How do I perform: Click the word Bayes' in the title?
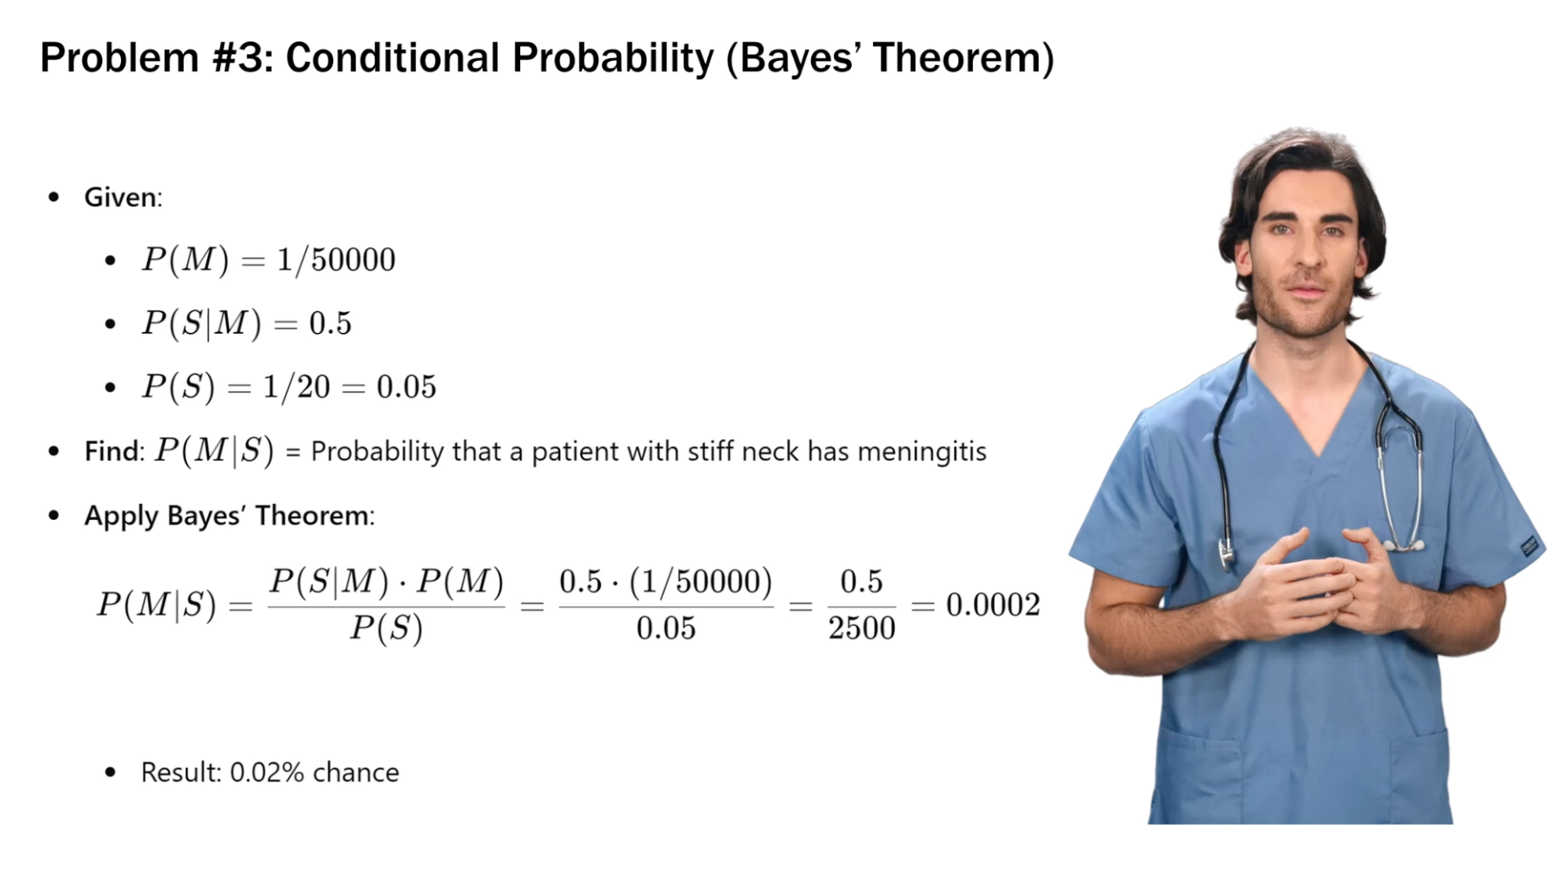pos(798,58)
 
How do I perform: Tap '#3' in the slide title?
pos(241,58)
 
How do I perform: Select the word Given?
pos(120,197)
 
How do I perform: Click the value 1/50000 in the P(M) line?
pos(336,260)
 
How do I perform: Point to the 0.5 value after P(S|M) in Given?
pos(330,323)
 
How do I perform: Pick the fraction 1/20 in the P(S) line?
pos(296,386)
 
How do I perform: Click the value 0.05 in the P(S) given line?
pos(406,387)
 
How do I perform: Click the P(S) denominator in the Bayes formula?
pos(387,629)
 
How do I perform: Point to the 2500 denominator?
pos(861,629)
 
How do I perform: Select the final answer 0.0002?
pos(992,605)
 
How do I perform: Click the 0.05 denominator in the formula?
pos(666,629)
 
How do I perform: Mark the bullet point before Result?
pos(110,773)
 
